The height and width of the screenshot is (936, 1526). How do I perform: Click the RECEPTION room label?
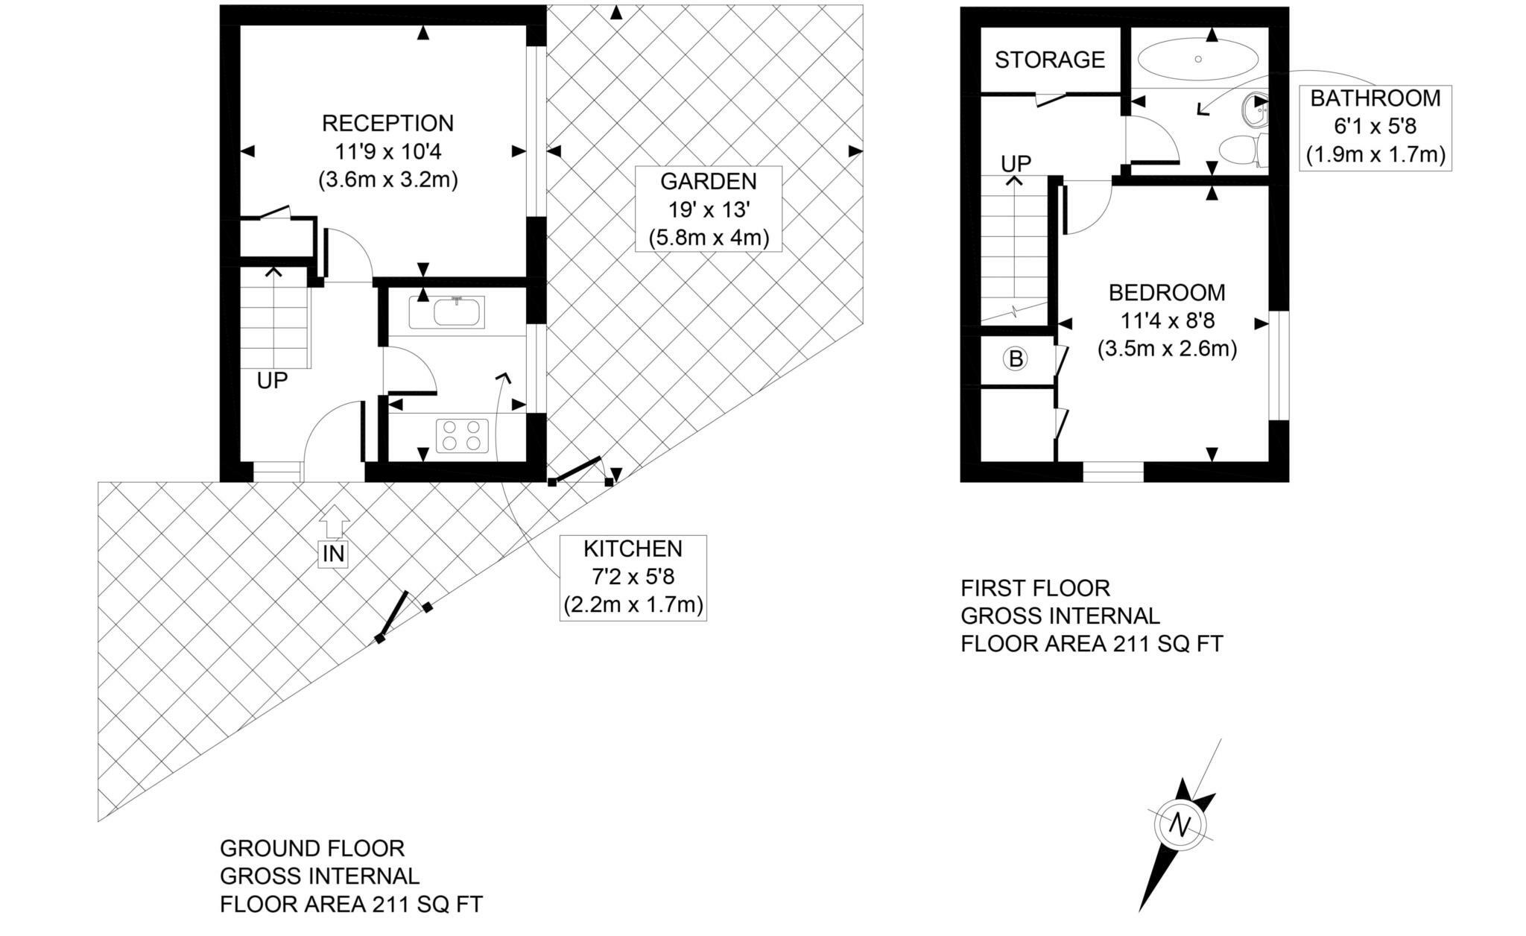387,123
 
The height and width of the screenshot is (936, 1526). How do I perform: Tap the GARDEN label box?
708,209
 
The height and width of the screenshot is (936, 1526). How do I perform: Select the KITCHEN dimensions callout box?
633,578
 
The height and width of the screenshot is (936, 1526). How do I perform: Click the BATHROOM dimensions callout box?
1375,127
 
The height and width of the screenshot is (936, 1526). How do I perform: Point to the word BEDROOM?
1167,293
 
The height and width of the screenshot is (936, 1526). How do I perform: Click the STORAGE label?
1049,60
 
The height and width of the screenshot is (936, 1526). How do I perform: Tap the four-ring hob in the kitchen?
461,435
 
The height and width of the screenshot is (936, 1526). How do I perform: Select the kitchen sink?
455,312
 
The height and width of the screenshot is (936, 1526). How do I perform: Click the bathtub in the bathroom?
1198,59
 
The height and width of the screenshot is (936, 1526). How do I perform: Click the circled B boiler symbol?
1015,360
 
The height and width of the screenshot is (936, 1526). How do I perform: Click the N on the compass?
1180,824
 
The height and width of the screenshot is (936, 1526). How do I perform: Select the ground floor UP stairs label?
272,381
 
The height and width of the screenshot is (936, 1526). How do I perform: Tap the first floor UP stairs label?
1016,163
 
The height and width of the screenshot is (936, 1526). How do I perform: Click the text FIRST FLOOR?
1035,589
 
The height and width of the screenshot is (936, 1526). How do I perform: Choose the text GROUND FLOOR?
311,848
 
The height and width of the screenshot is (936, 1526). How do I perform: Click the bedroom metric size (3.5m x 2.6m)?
1167,349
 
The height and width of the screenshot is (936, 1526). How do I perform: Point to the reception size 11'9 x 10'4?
387,151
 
